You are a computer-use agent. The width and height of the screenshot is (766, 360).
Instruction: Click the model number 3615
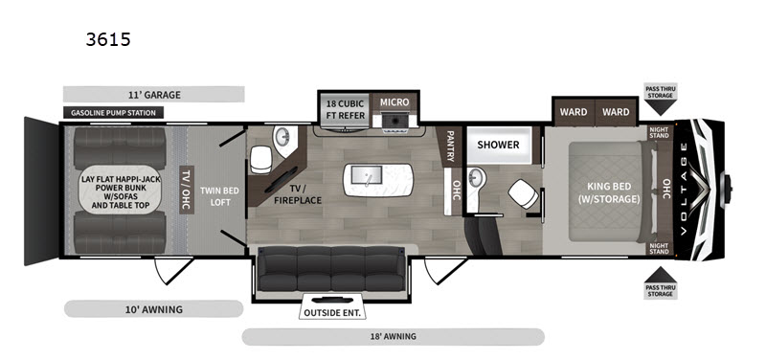pos(108,39)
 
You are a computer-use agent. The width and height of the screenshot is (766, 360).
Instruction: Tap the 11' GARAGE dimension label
pos(154,94)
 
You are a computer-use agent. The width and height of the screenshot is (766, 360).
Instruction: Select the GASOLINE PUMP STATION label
pos(113,113)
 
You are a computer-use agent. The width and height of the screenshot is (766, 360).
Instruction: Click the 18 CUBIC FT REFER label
pos(346,110)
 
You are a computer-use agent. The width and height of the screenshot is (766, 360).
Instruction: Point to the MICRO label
pos(394,102)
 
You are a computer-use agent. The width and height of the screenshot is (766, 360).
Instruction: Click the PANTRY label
pos(451,146)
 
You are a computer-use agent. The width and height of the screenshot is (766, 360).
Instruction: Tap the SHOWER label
pos(498,145)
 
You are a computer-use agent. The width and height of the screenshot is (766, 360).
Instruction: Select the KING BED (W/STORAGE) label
pos(609,192)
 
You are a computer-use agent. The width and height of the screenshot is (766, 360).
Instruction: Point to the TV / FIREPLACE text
pos(298,194)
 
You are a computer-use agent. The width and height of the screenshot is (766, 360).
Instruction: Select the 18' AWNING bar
pos(394,337)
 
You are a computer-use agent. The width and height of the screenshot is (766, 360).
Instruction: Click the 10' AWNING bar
pos(154,308)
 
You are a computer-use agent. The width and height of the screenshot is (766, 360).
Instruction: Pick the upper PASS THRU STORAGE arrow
pos(660,107)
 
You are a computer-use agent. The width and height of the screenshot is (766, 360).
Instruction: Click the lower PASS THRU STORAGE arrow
pos(660,274)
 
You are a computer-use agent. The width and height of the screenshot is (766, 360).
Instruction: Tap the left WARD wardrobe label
pos(574,112)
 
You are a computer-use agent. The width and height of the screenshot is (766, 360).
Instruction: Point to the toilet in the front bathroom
pos(523,193)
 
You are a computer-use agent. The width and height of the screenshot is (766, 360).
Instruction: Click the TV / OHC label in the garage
pos(186,190)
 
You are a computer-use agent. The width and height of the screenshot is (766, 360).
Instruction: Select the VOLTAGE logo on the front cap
pos(684,188)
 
